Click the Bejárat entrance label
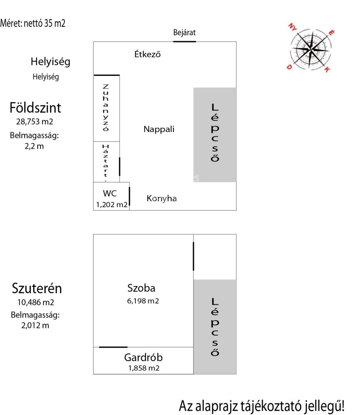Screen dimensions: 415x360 [x=184, y=33]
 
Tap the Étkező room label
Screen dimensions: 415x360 [x=148, y=53]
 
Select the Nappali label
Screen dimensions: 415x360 [x=159, y=129]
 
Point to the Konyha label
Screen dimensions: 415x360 [x=161, y=199]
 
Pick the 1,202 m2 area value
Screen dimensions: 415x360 [x=111, y=205]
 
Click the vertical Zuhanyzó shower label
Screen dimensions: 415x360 [x=106, y=107]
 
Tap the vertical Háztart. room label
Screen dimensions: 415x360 [x=106, y=161]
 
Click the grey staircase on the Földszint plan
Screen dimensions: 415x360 [x=214, y=135]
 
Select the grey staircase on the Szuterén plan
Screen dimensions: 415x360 [x=214, y=327]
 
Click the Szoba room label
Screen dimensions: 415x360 [x=141, y=288]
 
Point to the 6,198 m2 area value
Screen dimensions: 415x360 [x=141, y=301]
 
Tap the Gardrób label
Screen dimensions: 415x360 [x=144, y=357]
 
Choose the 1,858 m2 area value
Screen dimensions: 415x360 [x=144, y=368]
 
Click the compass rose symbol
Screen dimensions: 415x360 [x=311, y=49]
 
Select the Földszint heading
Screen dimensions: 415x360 [x=35, y=108]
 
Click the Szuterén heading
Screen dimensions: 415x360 [x=37, y=289]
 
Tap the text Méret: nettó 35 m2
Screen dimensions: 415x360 [x=33, y=23]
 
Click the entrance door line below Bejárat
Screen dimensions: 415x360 [x=184, y=41]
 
